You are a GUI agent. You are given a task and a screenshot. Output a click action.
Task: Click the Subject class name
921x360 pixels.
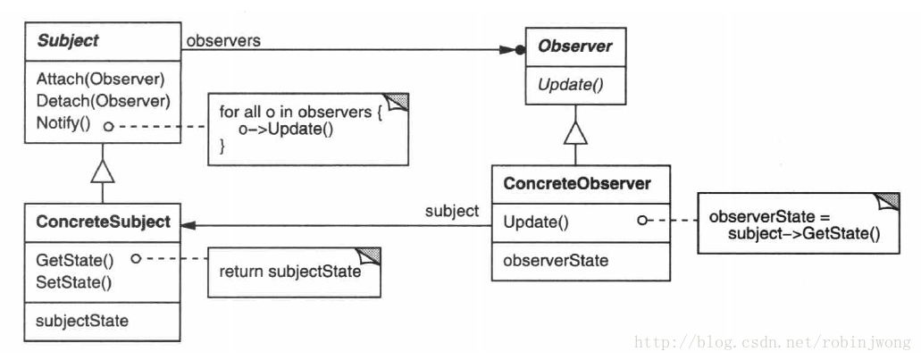[x=68, y=41]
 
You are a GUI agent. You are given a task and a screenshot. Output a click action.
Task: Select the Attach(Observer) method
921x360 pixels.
[x=100, y=79]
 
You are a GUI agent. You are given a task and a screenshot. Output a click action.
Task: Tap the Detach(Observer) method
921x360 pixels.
[x=103, y=101]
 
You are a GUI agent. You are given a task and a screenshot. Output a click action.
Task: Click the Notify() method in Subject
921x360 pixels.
[x=63, y=124]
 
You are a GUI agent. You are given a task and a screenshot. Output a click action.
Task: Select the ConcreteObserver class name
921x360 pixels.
[x=577, y=184]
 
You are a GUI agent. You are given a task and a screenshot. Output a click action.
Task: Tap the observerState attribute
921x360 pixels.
[x=556, y=260]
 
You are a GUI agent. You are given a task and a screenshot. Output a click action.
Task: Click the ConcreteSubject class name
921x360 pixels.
[x=103, y=222]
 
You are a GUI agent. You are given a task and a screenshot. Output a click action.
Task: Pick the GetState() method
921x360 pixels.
[x=75, y=260]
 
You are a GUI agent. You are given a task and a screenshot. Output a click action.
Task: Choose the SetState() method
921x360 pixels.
[x=73, y=282]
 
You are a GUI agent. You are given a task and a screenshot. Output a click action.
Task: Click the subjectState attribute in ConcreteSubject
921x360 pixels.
[x=81, y=322]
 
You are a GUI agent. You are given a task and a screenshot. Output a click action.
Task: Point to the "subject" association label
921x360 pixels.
[x=452, y=211]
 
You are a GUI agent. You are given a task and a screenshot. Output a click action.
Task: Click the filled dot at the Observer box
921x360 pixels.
[x=519, y=51]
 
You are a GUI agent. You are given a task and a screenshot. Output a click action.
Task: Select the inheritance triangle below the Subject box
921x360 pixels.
[x=102, y=171]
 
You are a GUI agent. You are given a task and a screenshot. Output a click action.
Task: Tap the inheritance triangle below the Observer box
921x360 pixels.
[x=575, y=133]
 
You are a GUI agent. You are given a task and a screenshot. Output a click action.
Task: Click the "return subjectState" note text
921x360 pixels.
[x=290, y=272]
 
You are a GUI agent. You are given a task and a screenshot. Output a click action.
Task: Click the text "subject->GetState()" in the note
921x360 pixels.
[x=804, y=234]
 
